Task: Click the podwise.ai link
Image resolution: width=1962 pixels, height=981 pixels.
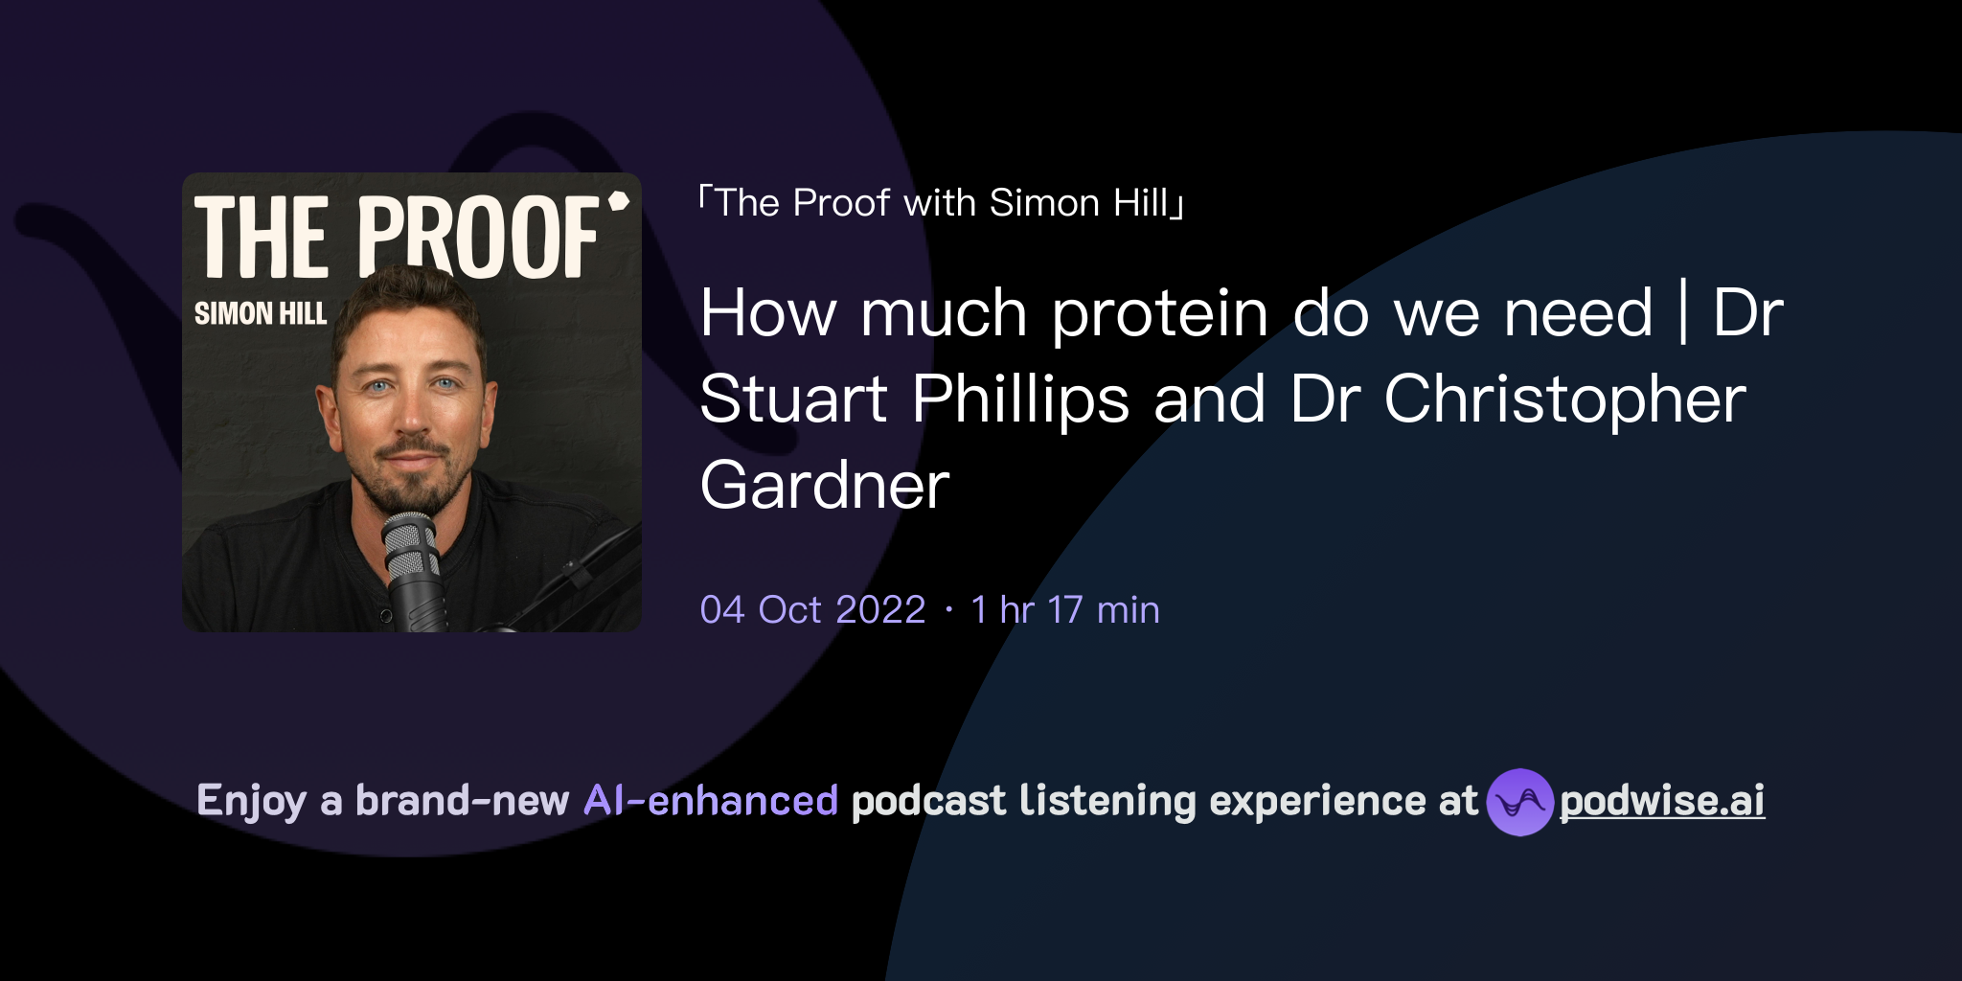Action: tap(1662, 801)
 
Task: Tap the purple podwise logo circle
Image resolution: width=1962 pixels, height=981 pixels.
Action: tap(1519, 802)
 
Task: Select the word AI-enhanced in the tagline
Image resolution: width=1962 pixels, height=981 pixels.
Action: tap(711, 801)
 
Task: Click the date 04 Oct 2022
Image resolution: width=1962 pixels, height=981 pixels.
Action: tap(812, 610)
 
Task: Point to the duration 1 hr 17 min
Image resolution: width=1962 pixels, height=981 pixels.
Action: tap(1065, 610)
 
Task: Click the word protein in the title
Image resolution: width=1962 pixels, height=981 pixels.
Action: tap(1161, 314)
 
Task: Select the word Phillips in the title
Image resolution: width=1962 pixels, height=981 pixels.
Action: tap(1020, 400)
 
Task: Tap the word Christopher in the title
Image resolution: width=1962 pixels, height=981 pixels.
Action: tap(1564, 400)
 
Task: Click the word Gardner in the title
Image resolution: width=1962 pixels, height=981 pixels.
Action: tap(825, 486)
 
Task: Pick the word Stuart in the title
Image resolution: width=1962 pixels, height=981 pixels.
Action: tap(793, 400)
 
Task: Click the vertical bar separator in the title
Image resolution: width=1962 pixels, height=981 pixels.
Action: tap(1683, 312)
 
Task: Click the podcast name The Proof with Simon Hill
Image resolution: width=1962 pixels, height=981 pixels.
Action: tap(942, 203)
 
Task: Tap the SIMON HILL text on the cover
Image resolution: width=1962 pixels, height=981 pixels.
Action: tap(261, 313)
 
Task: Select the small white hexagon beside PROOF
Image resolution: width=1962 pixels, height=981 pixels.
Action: tap(619, 200)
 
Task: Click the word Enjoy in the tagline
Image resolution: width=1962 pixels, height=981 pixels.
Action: tap(251, 801)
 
